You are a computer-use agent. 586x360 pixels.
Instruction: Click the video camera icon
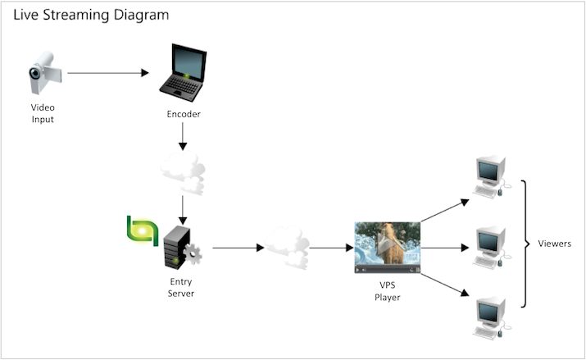pos(42,75)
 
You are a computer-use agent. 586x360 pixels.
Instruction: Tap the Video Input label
pos(43,114)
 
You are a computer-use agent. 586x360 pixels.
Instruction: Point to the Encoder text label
pos(183,114)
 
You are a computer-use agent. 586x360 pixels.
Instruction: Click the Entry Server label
pos(181,287)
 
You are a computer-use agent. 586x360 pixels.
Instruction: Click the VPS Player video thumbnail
pos(387,247)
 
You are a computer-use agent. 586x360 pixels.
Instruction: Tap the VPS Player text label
pos(388,291)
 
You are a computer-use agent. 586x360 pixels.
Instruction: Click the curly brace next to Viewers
pos(522,244)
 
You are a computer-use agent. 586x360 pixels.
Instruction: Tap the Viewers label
pos(554,244)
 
